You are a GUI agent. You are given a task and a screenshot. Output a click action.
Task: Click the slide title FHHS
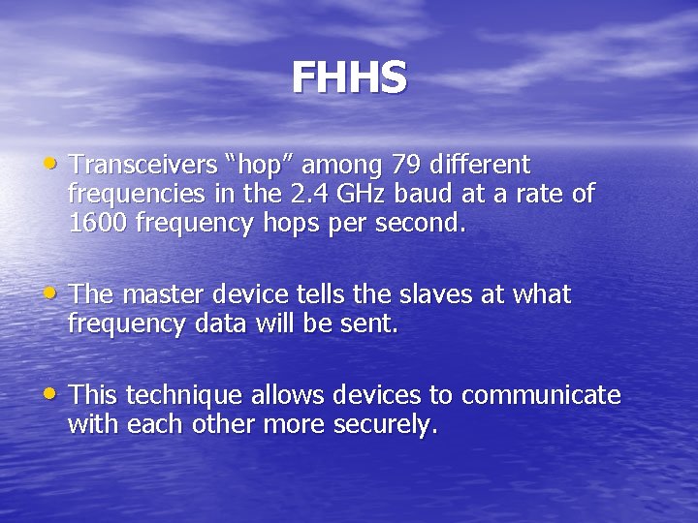(349, 78)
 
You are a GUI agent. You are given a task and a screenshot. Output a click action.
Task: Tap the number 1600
(96, 224)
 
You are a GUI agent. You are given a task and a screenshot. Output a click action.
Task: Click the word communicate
(541, 395)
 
